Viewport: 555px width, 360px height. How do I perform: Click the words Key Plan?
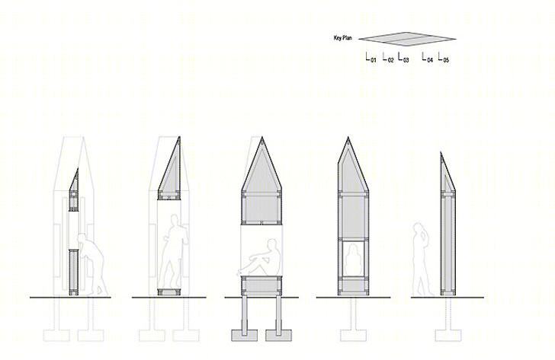click(x=342, y=38)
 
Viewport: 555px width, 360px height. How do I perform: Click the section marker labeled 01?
click(x=371, y=58)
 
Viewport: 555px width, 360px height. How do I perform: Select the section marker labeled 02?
click(x=388, y=58)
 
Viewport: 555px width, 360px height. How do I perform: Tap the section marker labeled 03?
click(x=403, y=58)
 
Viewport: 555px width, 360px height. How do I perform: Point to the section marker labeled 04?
click(x=428, y=58)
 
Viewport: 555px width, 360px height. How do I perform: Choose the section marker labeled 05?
click(x=444, y=58)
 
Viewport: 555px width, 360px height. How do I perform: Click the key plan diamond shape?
click(x=407, y=40)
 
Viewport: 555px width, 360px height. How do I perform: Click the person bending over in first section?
click(x=92, y=264)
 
